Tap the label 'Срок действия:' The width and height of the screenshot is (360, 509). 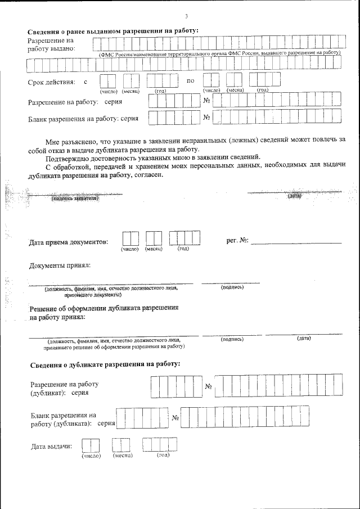point(51,82)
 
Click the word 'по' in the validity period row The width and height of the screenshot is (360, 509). point(190,81)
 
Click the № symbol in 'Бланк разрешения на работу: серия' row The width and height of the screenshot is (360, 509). point(206,118)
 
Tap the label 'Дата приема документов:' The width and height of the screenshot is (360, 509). point(69,242)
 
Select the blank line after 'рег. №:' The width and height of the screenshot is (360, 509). point(296,242)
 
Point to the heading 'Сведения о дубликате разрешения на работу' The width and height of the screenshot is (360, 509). point(105,364)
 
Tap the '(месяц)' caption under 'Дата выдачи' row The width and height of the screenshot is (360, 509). point(122,456)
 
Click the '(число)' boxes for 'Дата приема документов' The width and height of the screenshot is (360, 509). point(130,238)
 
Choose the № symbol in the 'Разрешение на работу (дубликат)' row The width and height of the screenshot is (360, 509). point(208,387)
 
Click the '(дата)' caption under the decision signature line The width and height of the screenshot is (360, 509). point(304,338)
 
